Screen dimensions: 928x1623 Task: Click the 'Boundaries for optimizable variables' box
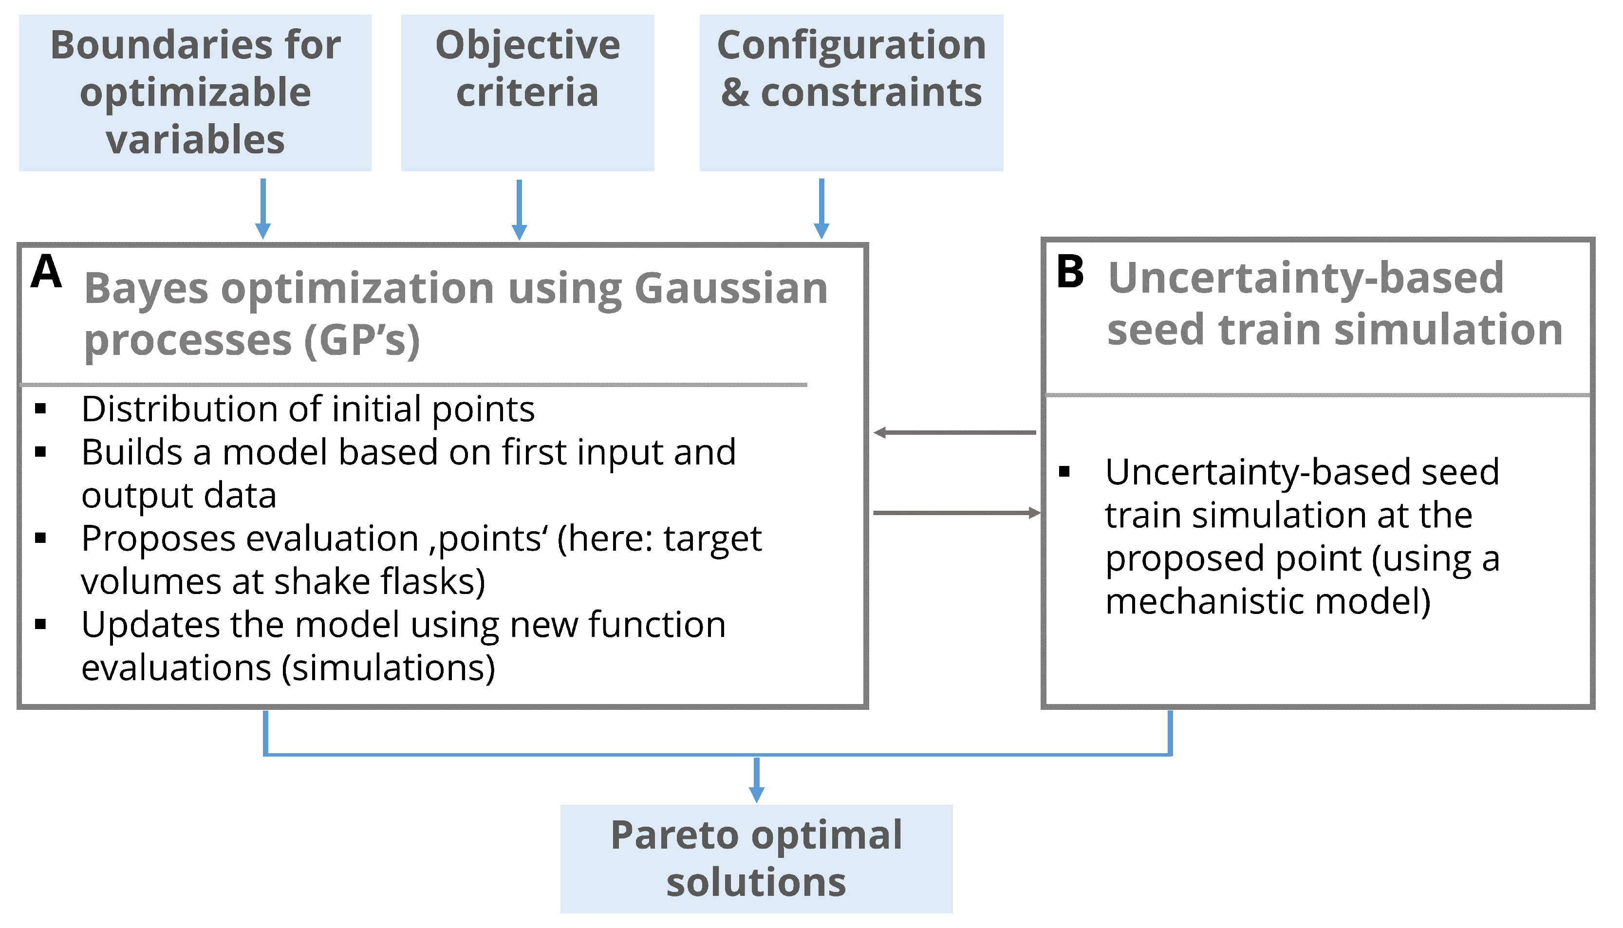click(x=195, y=93)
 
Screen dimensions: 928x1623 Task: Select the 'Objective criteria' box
click(x=527, y=93)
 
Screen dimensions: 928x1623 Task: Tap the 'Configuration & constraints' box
click(x=851, y=93)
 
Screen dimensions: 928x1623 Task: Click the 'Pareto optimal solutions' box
click(x=756, y=858)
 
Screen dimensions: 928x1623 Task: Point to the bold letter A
click(x=47, y=272)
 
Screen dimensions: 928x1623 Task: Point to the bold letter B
click(x=1070, y=272)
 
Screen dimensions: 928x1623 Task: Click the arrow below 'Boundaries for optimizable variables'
click(x=262, y=209)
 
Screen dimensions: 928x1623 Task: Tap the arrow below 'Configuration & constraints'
click(x=821, y=209)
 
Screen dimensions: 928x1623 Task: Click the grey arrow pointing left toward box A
click(x=954, y=433)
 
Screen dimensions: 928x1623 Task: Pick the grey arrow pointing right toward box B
click(x=956, y=512)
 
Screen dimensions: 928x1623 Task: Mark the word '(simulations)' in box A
click(x=388, y=668)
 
